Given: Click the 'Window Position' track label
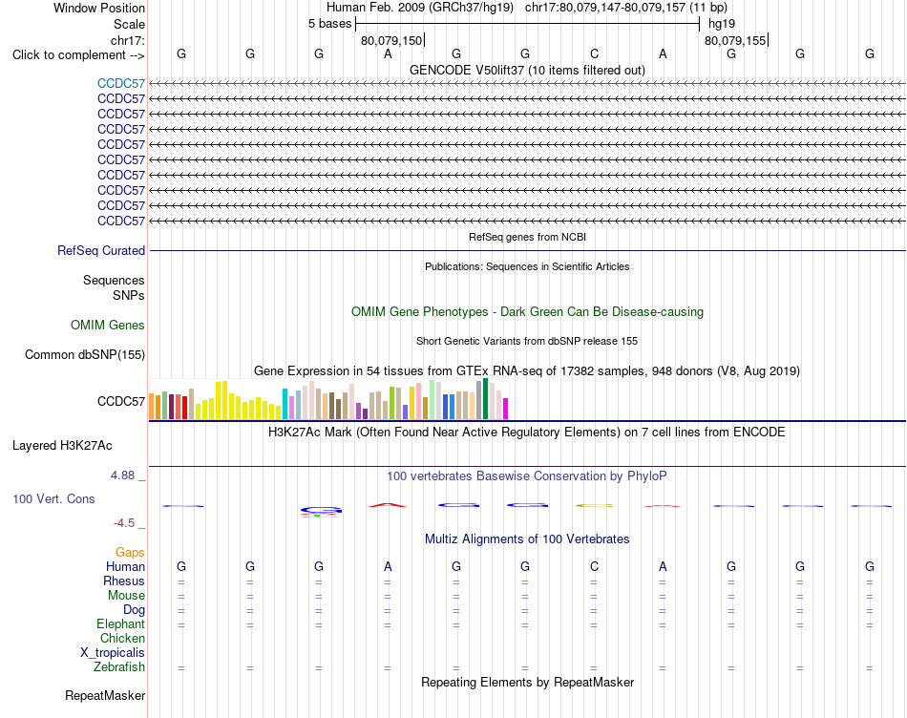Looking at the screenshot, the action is [x=99, y=8].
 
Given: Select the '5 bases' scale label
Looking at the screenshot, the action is [x=329, y=24].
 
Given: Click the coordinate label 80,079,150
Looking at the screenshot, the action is [x=391, y=40].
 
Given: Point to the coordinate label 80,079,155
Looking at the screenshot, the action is [x=734, y=40].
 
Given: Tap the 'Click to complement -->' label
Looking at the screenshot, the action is [x=78, y=55].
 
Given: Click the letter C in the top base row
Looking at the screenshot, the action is [x=594, y=53].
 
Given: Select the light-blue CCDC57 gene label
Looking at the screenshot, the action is [x=121, y=83].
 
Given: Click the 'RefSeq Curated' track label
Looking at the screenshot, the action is [x=101, y=250].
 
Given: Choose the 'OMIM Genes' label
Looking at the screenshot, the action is [x=108, y=326].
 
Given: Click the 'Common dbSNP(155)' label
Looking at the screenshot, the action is [x=85, y=354].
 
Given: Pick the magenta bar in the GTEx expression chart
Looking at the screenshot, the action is [x=506, y=409].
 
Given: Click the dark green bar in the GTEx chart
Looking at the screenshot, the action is [x=485, y=399].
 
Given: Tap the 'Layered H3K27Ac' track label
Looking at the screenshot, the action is [x=62, y=446].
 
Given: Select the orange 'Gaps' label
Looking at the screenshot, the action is [x=130, y=553].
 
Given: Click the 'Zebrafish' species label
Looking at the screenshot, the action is [x=119, y=667].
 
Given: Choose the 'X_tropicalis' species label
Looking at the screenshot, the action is [x=113, y=653].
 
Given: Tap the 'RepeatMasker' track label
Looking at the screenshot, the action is [x=105, y=695].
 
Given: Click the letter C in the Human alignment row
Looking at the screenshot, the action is [x=594, y=566].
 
